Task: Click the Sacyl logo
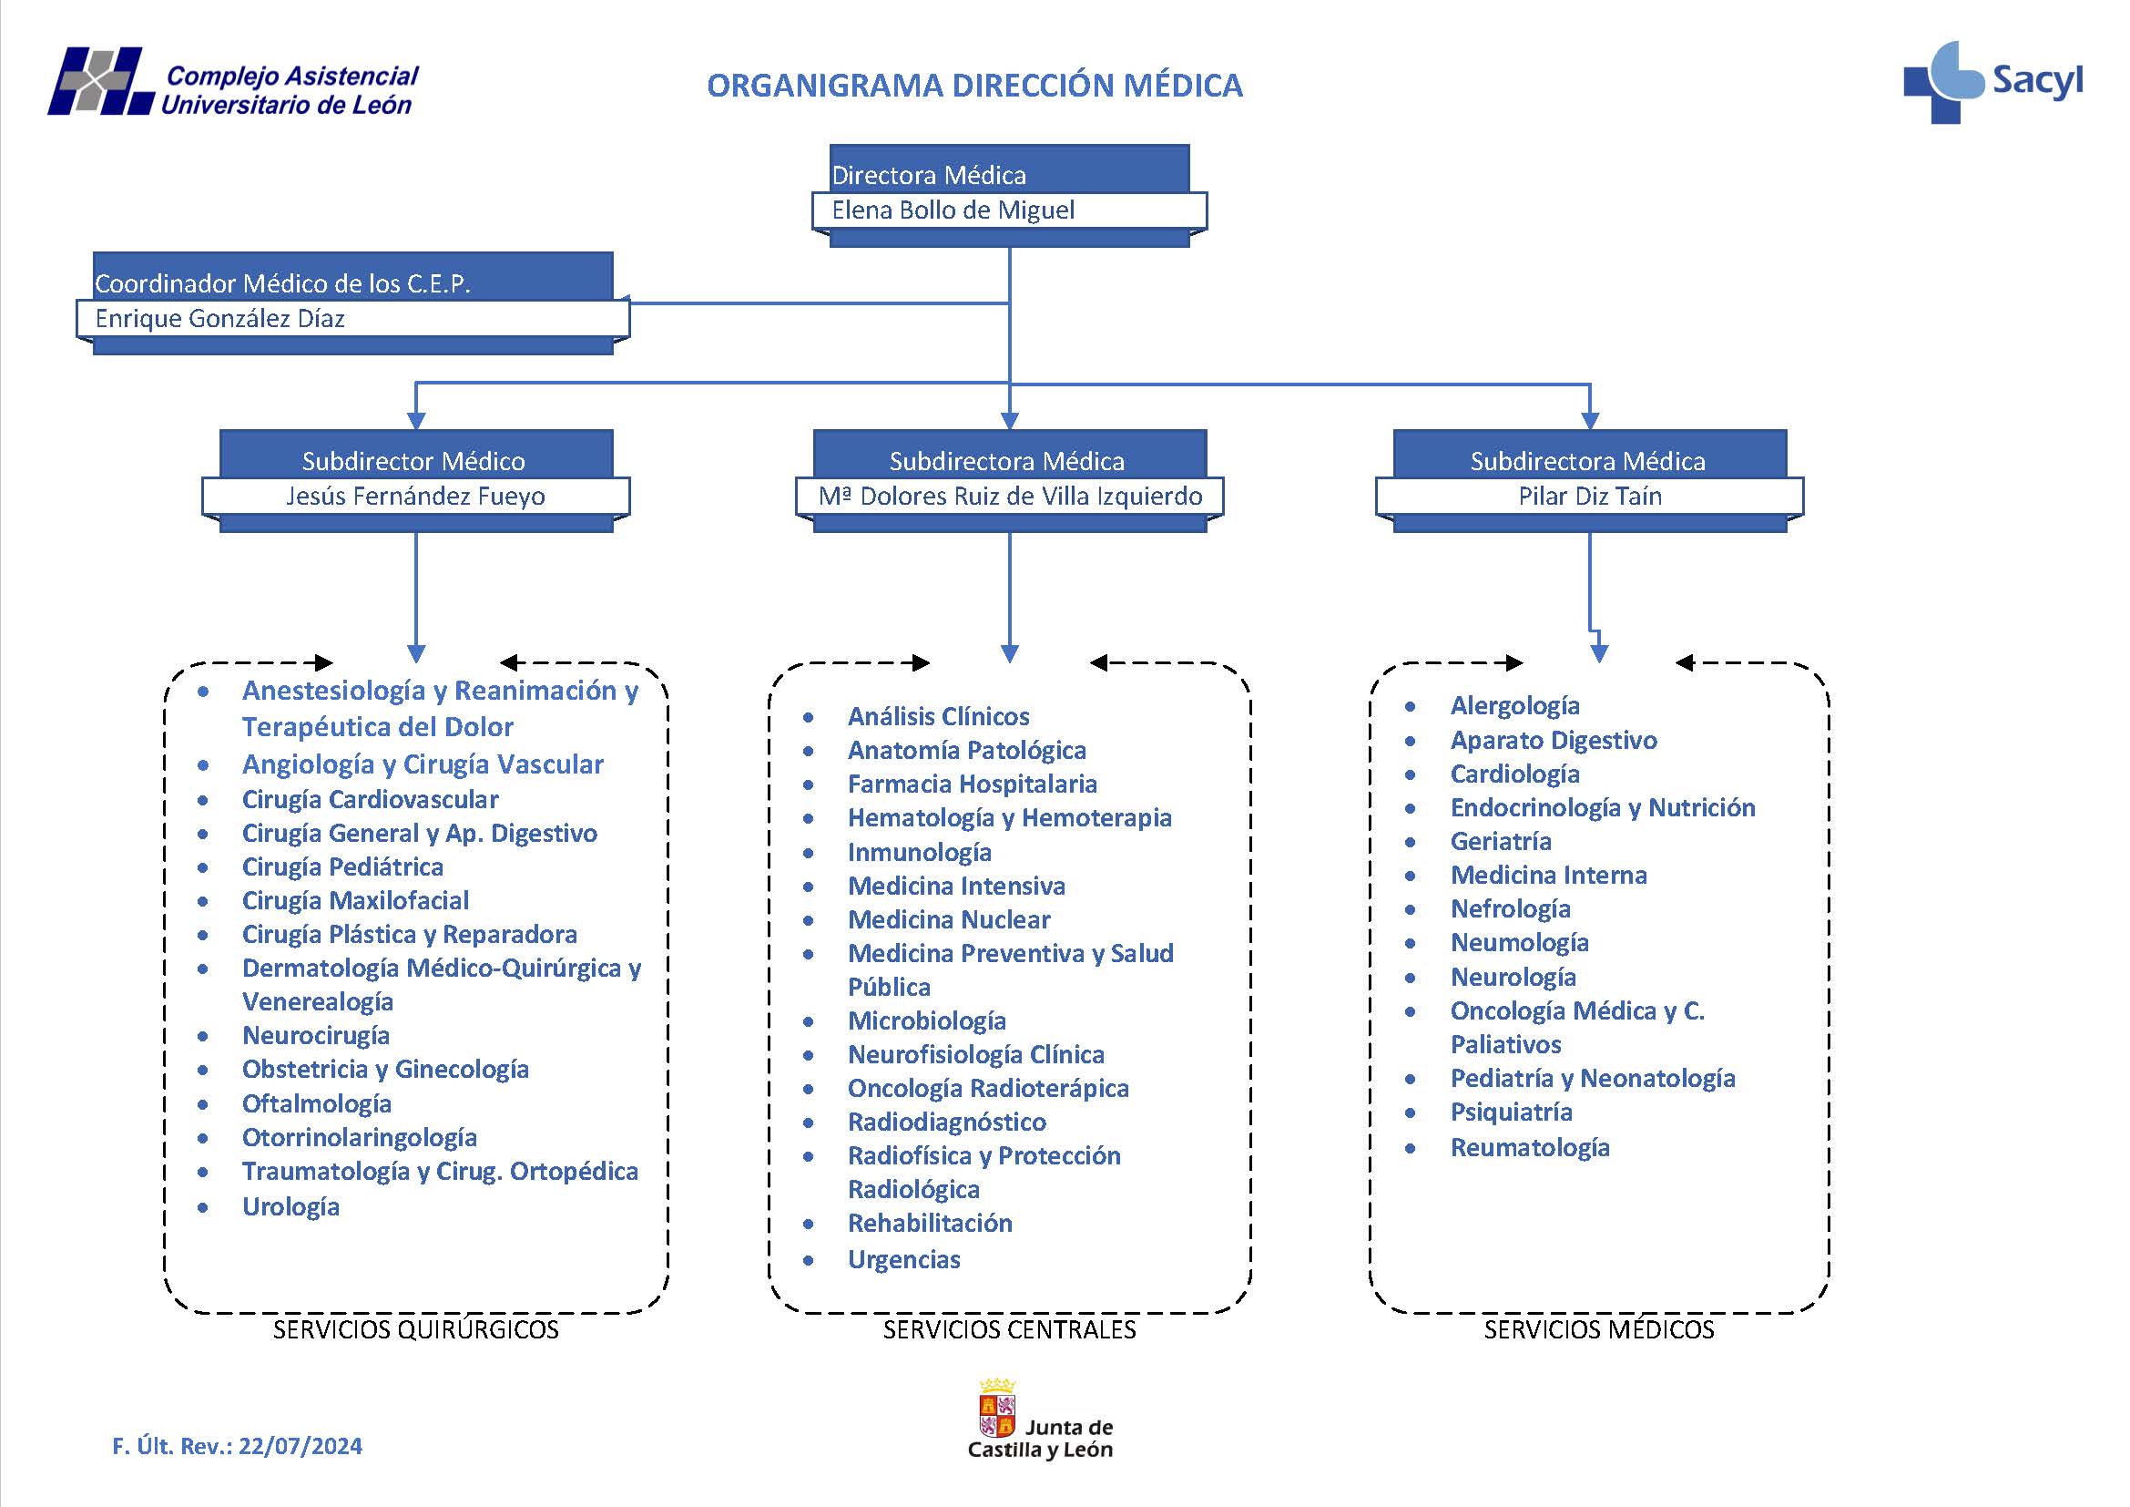(1992, 82)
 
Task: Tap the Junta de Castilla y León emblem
(997, 1408)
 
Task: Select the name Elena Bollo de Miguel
(953, 210)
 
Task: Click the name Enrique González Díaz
(219, 319)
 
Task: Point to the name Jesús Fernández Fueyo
(414, 497)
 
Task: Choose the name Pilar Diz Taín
(1589, 497)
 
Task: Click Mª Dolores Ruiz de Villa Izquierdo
(1009, 497)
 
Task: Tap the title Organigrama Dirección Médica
(974, 86)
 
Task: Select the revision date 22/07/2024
(300, 1446)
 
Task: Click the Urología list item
(290, 1206)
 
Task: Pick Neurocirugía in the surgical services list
(315, 1036)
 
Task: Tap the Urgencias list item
(903, 1259)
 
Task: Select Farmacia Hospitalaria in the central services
(972, 784)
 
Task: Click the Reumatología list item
(1529, 1148)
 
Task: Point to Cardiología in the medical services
(1514, 774)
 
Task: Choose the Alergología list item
(1514, 706)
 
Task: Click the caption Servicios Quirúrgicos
(415, 1329)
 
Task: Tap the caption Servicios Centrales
(1008, 1329)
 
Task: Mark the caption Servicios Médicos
(1598, 1329)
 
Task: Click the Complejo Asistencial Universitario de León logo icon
(100, 82)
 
